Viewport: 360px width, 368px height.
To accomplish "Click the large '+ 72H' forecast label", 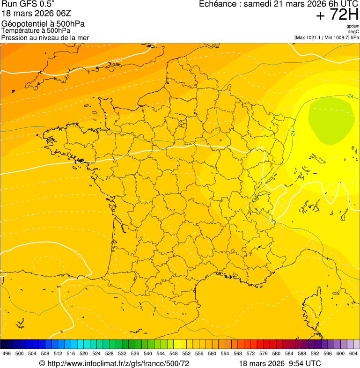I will (337, 15).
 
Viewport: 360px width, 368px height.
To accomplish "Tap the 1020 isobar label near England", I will (117, 60).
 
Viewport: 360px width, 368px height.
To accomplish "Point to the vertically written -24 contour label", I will (293, 132).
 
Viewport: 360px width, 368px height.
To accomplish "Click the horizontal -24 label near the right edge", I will (350, 96).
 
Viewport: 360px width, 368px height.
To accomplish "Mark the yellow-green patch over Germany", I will (330, 119).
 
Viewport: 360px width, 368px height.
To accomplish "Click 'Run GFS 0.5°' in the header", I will (28, 4).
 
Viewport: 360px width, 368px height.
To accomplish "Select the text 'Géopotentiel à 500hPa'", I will (43, 24).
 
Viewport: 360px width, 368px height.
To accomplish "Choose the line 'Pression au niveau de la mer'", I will (45, 37).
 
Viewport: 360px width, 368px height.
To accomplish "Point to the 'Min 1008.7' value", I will (338, 37).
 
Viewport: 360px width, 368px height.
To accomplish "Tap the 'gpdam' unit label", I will (353, 26).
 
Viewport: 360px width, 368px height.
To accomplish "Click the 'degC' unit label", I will (353, 31).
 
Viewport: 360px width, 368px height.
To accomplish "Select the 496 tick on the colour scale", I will (7, 353).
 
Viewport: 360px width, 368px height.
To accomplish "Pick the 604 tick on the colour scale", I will (353, 353).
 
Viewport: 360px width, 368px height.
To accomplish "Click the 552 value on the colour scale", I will (186, 353).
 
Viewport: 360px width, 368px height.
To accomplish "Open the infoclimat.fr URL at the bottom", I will (114, 363).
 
